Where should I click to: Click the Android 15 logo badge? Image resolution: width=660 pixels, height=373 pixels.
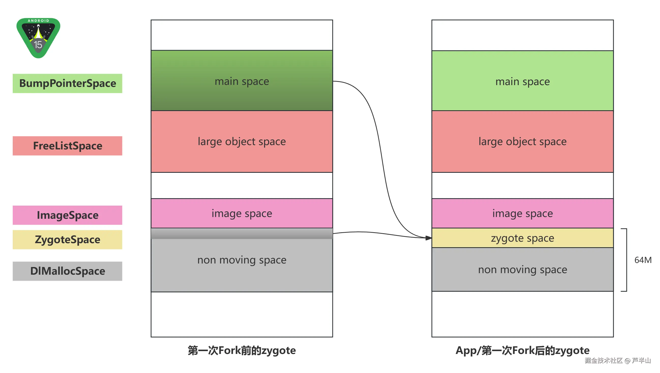click(x=38, y=38)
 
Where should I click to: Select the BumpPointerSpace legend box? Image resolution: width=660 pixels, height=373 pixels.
click(x=67, y=84)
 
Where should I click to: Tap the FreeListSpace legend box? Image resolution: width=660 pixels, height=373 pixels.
click(x=67, y=146)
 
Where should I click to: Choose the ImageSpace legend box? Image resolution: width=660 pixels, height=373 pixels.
click(x=67, y=215)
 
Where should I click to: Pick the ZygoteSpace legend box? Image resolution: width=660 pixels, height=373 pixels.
click(x=67, y=240)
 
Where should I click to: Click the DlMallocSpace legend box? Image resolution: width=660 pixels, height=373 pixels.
click(x=67, y=271)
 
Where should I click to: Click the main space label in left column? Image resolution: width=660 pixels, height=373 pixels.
click(x=242, y=82)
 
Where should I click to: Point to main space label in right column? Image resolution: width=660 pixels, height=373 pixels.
click(x=522, y=82)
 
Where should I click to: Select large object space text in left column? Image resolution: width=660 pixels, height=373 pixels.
click(x=242, y=142)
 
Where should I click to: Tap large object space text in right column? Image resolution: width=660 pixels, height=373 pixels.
click(x=522, y=142)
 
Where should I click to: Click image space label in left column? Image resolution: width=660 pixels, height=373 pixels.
click(x=242, y=213)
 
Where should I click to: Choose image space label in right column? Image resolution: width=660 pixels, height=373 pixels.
click(x=522, y=213)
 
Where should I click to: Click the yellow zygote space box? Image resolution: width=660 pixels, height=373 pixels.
click(x=522, y=238)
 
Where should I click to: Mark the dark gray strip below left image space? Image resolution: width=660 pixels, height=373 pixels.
click(x=242, y=234)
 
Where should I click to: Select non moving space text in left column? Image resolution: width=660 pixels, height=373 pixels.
click(x=242, y=260)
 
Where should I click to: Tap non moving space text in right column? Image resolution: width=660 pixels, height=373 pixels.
click(x=522, y=270)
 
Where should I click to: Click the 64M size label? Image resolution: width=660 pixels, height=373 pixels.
click(x=642, y=260)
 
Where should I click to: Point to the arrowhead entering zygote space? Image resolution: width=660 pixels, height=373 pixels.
click(x=429, y=238)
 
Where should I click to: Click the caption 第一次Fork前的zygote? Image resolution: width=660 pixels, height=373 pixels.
click(x=242, y=350)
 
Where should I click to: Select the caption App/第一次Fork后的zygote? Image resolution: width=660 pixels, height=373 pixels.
click(x=522, y=350)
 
